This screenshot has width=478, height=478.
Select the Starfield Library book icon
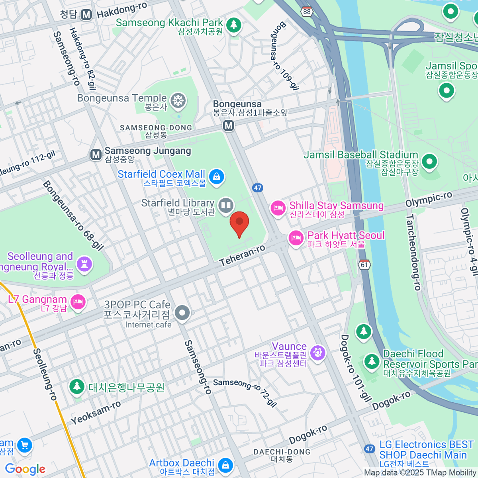[226, 206]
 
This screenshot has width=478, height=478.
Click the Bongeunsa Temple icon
[178, 101]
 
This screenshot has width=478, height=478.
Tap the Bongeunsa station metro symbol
[228, 126]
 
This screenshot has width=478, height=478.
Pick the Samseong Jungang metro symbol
[96, 155]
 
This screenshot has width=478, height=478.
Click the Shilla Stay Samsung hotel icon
[278, 208]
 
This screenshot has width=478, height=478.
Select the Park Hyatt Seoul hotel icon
[296, 238]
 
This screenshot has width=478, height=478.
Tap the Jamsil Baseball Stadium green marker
[429, 162]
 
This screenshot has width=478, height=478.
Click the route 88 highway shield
[306, 11]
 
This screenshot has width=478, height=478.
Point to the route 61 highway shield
[364, 264]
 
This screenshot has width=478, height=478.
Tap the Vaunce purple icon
[317, 353]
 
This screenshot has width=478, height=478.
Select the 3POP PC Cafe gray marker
[182, 313]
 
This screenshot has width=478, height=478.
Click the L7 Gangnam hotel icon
[78, 302]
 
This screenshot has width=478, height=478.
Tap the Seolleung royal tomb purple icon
[84, 263]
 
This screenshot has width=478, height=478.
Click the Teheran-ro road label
[242, 255]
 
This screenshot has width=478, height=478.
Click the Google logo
[25, 469]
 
